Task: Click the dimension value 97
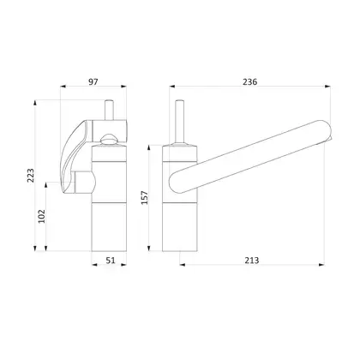pos(93,82)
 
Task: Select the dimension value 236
pos(250,82)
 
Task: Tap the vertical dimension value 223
pos(30,176)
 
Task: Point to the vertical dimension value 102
pos(42,216)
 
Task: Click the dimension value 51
pos(111,261)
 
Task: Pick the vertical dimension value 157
pos(145,198)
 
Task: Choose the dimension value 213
pos(252,261)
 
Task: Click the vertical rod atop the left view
pos(109,110)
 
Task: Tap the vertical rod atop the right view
pos(179,122)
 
